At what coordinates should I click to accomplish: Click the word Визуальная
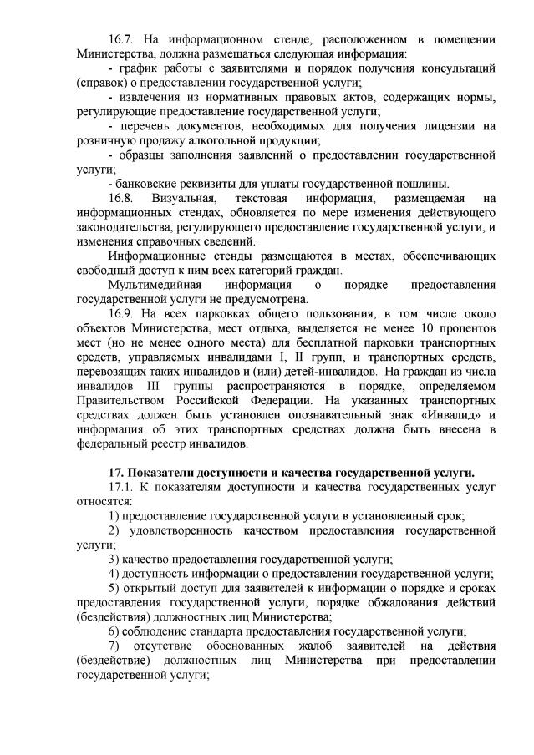tap(186, 199)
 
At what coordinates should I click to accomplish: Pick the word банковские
tap(148, 184)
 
